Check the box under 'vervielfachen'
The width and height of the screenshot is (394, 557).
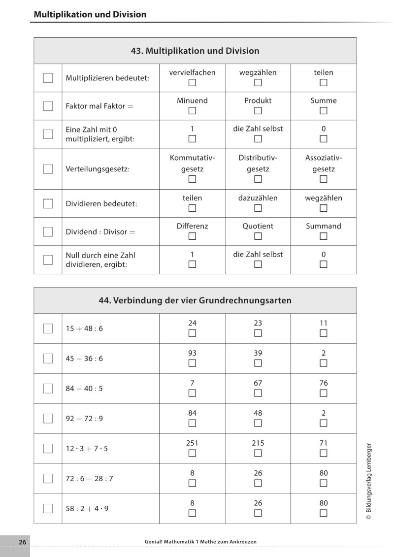(x=192, y=83)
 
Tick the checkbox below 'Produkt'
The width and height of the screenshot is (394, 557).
(x=258, y=111)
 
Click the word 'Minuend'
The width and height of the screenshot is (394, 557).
(x=192, y=100)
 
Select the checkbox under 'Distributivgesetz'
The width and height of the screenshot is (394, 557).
(x=258, y=179)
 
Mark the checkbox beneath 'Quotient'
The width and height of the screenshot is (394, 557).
(x=258, y=236)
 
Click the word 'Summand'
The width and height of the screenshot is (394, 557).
(x=323, y=226)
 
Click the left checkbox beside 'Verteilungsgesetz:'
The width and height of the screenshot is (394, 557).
(x=48, y=169)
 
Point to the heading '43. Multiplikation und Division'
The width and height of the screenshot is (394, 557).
(x=195, y=51)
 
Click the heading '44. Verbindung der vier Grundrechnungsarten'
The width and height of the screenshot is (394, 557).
(x=195, y=300)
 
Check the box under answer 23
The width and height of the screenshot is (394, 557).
(x=258, y=333)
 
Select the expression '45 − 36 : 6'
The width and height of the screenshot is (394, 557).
(x=84, y=359)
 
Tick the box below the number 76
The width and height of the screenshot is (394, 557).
(x=323, y=393)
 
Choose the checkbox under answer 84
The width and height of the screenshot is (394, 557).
(x=192, y=423)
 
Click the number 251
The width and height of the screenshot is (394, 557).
(x=192, y=443)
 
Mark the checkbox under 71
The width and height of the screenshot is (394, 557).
(x=323, y=453)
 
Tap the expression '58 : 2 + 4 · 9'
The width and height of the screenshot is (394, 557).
(x=87, y=508)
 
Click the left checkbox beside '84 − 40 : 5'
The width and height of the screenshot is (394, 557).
(x=48, y=389)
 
